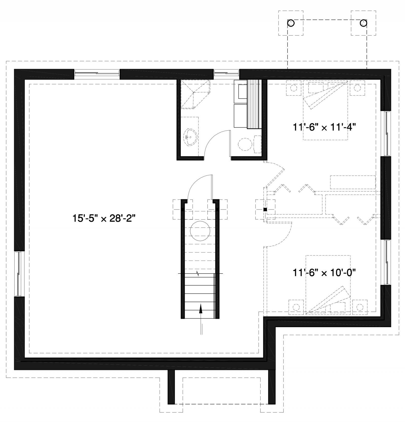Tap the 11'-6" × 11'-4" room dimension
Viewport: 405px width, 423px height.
pyautogui.click(x=325, y=127)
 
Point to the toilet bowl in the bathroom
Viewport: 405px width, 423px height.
pyautogui.click(x=245, y=144)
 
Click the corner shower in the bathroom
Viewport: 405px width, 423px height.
pyautogui.click(x=195, y=94)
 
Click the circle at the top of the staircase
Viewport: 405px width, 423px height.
pyautogui.click(x=200, y=231)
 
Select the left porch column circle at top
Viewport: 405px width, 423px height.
pyautogui.click(x=291, y=23)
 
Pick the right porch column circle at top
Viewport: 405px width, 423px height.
pyautogui.click(x=363, y=23)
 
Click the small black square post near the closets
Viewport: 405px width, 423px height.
pyautogui.click(x=265, y=209)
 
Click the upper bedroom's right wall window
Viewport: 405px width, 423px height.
pyautogui.click(x=386, y=133)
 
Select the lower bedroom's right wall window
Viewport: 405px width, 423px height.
pyautogui.click(x=386, y=262)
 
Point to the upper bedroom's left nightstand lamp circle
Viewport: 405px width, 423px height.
pyautogui.click(x=294, y=88)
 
